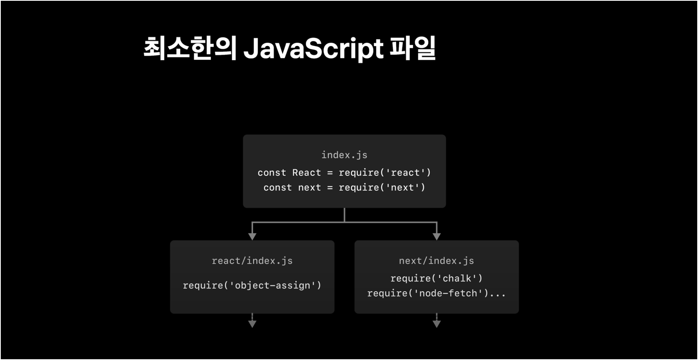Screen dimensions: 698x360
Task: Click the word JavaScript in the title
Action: coord(314,49)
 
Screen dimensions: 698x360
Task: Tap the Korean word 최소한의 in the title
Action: coord(190,48)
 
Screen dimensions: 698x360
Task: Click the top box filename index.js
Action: coord(344,155)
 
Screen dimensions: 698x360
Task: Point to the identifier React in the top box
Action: coord(306,172)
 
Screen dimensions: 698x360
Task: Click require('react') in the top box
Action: coord(385,172)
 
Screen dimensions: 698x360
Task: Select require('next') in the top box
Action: coord(382,187)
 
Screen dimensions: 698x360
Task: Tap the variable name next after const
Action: coord(310,188)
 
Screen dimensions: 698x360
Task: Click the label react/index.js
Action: coord(252,261)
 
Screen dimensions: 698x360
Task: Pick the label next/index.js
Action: coord(437,261)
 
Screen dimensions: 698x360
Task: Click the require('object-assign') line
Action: coord(252,285)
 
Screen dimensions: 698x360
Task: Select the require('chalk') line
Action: coord(437,278)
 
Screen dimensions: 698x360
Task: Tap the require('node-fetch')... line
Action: coord(437,293)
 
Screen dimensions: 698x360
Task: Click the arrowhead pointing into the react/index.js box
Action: coord(252,237)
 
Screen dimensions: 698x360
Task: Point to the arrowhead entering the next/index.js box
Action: coord(437,237)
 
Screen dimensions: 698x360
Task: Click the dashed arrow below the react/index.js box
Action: coord(252,320)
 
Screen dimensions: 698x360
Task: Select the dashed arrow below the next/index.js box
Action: coord(437,320)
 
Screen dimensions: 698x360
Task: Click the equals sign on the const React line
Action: coord(330,173)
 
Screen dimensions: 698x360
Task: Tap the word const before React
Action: coord(272,172)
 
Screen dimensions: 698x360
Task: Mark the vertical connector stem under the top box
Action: coord(344,215)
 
